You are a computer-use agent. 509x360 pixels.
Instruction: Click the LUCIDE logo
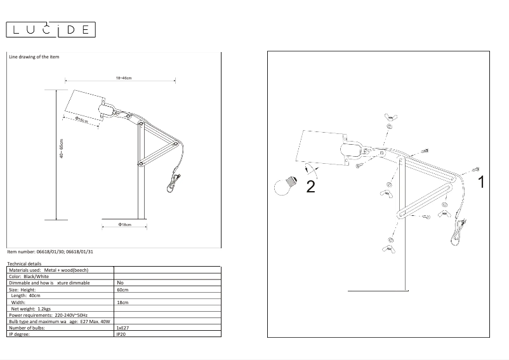50,29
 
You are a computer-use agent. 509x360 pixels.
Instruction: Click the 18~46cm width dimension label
123,77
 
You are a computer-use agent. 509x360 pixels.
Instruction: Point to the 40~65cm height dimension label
62,149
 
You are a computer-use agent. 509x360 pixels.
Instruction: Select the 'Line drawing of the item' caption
34,57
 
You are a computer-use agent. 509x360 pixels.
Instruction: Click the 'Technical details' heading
24,263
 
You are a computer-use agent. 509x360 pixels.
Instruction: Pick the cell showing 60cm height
122,290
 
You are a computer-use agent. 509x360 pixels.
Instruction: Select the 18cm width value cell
122,303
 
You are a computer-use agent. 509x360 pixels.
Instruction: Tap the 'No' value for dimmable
121,283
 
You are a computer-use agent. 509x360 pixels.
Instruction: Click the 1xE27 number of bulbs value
123,328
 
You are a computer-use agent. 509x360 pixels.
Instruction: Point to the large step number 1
480,182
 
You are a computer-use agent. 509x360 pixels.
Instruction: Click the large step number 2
310,187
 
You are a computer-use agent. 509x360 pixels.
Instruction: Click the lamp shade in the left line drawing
84,105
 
